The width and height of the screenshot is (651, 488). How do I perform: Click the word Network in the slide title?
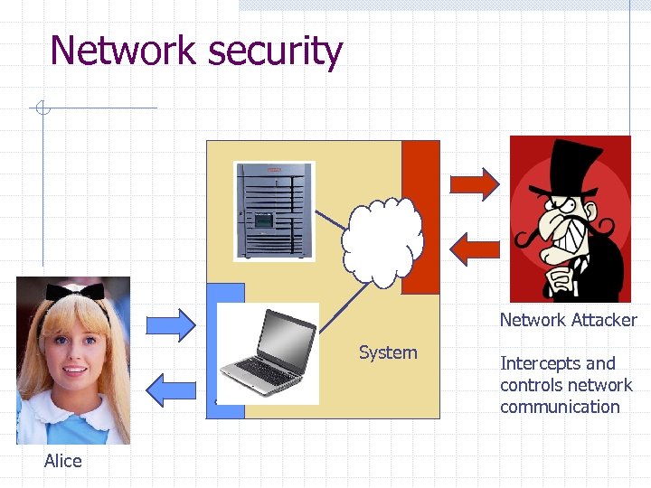coord(123,51)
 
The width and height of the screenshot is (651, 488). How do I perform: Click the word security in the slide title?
coord(275,52)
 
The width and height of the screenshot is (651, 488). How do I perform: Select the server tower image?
coord(274,211)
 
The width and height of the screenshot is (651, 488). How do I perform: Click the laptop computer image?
coord(269,353)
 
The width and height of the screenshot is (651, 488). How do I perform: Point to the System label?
coord(388,352)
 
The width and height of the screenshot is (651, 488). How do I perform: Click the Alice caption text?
coord(63,461)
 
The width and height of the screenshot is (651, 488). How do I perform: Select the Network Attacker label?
coord(568,320)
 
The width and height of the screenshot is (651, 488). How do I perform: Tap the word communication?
coord(560,407)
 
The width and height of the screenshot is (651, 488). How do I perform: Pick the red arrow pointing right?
coord(475,183)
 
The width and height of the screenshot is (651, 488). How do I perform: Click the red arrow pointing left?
coord(475,248)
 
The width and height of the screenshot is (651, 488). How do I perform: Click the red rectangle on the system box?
coord(420,217)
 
